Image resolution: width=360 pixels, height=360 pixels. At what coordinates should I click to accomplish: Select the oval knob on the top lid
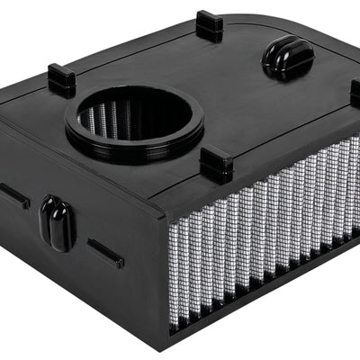click(287, 57)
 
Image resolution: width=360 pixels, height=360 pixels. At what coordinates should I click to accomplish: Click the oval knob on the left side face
click(57, 222)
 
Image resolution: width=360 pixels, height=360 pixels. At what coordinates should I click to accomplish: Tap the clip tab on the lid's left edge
click(61, 80)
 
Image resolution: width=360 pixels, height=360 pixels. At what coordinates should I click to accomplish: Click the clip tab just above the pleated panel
click(217, 165)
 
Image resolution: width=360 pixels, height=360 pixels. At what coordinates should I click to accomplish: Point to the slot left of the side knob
click(13, 195)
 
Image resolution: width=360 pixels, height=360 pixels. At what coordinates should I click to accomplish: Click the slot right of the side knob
click(105, 253)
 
